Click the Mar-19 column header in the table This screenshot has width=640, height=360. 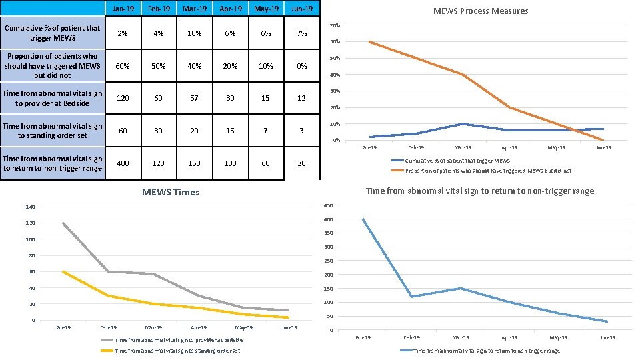point(194,9)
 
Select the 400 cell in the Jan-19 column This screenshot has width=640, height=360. point(122,163)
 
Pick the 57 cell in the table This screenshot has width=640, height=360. point(194,98)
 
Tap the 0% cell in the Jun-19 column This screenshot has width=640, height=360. point(301,66)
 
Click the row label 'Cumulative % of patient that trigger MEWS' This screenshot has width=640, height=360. point(52,33)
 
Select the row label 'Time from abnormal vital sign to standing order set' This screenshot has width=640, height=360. point(52,131)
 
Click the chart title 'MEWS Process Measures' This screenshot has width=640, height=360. point(480,11)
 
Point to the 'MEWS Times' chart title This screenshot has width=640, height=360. point(171,193)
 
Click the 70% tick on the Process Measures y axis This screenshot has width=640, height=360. point(336,25)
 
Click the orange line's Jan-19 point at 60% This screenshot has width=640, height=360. point(369,41)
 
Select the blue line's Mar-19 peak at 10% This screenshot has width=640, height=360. point(462,124)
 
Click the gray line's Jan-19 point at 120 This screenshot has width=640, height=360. point(63,223)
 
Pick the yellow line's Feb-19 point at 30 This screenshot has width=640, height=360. point(108,296)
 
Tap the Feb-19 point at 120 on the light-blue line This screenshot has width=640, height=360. point(412,297)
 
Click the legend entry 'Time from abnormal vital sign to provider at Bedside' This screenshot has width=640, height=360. point(179,340)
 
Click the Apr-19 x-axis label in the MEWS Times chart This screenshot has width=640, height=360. point(199,328)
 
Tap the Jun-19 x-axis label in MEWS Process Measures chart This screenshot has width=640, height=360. point(603,147)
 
